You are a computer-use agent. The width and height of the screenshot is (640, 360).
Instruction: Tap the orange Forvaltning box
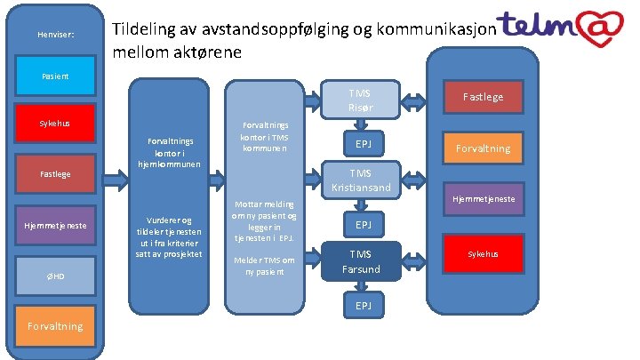pyautogui.click(x=484, y=148)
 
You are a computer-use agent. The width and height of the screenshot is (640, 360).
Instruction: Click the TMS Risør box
pyautogui.click(x=360, y=100)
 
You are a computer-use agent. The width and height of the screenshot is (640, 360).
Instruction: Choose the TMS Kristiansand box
pyautogui.click(x=360, y=180)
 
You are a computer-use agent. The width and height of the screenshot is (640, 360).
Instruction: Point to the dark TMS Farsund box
pyautogui.click(x=360, y=261)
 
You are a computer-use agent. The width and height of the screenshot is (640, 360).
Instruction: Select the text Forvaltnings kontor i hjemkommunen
pyautogui.click(x=173, y=152)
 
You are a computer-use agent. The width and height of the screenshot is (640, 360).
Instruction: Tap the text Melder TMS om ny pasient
pyautogui.click(x=264, y=265)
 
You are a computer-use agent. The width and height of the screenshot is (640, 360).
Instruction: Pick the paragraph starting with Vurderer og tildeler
pyautogui.click(x=173, y=237)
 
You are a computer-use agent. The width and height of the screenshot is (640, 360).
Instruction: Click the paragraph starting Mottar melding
pyautogui.click(x=264, y=221)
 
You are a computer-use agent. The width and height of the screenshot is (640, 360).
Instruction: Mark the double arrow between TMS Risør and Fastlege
pyautogui.click(x=414, y=100)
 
